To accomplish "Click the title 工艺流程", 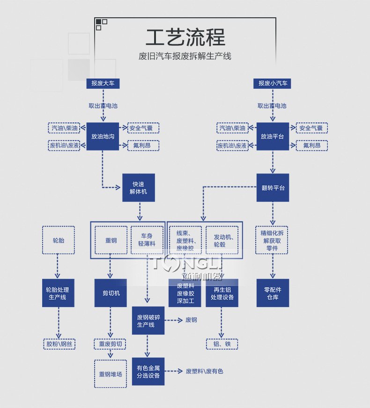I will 185,37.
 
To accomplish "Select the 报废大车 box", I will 103,84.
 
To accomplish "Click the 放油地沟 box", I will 103,136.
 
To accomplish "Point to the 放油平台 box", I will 273,136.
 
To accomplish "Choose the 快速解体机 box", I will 139,188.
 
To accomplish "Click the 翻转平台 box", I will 273,188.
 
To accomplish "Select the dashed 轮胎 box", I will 59,240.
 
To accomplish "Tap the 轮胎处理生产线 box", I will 59,293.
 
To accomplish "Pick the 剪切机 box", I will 111,293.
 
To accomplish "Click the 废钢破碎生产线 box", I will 148,321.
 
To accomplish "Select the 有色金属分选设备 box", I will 148,372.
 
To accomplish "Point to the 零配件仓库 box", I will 273,293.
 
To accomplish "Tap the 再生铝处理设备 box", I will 222,293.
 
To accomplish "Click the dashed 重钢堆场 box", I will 111,374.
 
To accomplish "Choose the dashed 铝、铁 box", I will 222,344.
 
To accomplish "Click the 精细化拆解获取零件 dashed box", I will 272,240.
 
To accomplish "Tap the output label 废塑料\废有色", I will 204,371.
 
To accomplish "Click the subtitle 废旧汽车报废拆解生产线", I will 185,57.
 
